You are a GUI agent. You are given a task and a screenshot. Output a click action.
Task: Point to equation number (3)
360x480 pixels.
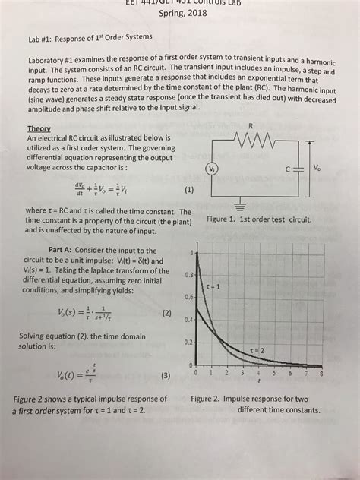pyautogui.click(x=166, y=375)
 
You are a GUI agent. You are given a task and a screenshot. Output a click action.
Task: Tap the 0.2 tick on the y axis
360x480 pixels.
pyautogui.click(x=188, y=342)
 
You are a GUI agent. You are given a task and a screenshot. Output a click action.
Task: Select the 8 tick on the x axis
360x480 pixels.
pyautogui.click(x=322, y=374)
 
